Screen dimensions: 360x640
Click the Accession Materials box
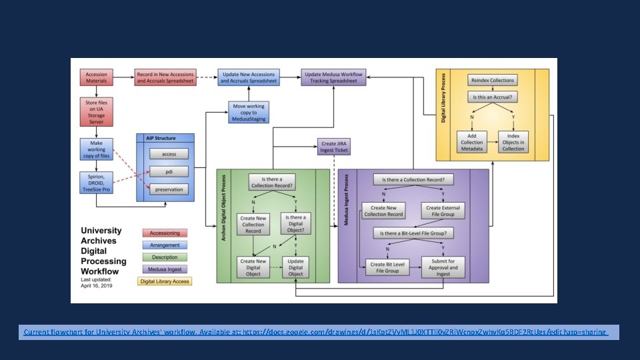[96, 77]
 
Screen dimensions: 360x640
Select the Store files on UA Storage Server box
[96, 111]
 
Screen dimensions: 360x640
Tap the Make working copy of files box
[96, 149]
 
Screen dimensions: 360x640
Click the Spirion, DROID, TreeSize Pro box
[96, 182]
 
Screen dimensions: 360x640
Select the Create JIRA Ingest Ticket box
[333, 146]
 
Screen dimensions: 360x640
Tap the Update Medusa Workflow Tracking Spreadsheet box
[333, 77]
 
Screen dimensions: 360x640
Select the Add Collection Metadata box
[472, 141]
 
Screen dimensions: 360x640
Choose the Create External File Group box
[443, 211]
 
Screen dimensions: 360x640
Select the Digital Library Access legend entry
[164, 281]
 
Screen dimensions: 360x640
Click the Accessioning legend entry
[164, 233]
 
